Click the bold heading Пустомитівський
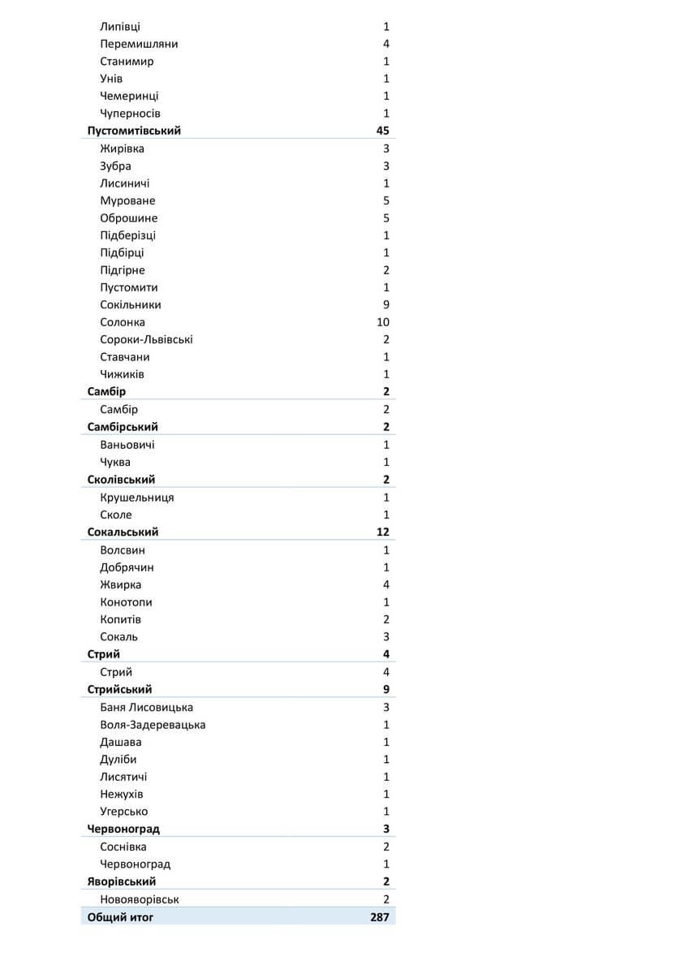(x=134, y=131)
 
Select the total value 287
(x=379, y=917)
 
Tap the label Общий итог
(x=120, y=917)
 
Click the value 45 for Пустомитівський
(x=383, y=131)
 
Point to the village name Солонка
(x=123, y=322)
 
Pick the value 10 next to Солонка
(x=383, y=322)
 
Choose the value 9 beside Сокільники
(x=386, y=305)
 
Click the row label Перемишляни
(x=139, y=44)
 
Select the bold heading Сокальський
(x=123, y=532)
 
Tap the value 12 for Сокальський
(x=383, y=532)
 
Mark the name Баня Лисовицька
(x=146, y=707)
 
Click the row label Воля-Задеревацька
(x=153, y=725)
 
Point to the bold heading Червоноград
(x=123, y=829)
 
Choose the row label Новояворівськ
(x=140, y=899)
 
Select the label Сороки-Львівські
(x=146, y=340)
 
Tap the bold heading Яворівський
(x=122, y=881)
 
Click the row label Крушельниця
(x=136, y=498)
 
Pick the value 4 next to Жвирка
(x=386, y=585)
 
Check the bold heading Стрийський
(x=119, y=690)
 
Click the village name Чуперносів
(x=130, y=114)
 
